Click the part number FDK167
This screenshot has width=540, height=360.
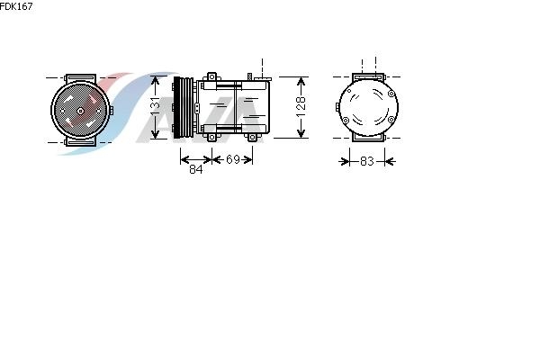[16, 6]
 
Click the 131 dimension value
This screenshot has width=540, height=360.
[156, 106]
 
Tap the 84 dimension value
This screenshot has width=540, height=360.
[196, 169]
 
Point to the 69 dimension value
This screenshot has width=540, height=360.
[233, 159]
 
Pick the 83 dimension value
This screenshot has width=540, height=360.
[367, 161]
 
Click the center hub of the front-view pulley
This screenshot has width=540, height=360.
[80, 111]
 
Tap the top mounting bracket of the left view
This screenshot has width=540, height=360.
[80, 78]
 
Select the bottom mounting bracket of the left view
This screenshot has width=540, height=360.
[80, 141]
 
